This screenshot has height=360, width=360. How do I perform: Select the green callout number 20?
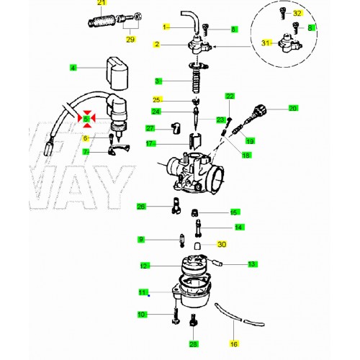click(293, 108)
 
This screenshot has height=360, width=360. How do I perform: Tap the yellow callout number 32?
click(297, 13)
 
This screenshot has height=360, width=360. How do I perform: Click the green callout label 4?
click(73, 68)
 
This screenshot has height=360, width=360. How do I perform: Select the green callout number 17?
click(150, 144)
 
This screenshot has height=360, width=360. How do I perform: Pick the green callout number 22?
click(230, 96)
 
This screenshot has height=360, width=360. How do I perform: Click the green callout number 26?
click(142, 207)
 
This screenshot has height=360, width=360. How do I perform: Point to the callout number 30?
click(221, 245)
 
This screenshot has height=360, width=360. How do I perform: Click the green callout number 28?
click(193, 344)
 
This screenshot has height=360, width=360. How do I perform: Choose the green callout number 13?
click(252, 264)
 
